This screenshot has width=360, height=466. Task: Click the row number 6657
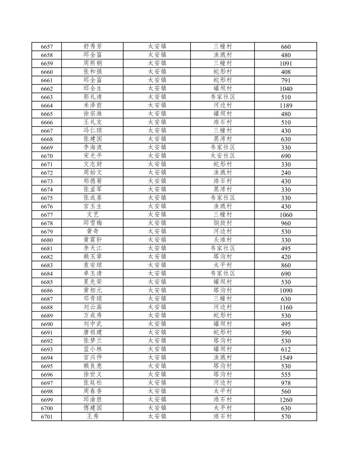47,47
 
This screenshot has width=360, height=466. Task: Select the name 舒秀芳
93,47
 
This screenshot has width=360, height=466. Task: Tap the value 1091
286,64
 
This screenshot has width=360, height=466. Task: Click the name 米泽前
93,105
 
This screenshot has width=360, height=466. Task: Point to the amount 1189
286,106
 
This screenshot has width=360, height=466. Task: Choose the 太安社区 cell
223,156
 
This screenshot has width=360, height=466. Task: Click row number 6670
47,156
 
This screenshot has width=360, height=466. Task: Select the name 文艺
93,215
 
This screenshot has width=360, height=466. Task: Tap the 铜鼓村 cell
223,223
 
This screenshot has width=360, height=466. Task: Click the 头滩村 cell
223,240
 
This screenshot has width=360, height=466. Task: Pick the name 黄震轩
93,240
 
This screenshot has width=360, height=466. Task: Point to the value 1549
286,358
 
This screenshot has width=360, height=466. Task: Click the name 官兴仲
93,358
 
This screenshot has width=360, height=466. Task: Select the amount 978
286,383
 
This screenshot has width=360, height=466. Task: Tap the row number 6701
47,417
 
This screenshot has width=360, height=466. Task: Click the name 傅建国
93,408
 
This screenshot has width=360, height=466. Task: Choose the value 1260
286,400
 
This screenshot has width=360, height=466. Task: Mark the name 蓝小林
93,349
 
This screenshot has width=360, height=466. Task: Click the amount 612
286,350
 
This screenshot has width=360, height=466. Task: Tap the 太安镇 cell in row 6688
157,307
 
